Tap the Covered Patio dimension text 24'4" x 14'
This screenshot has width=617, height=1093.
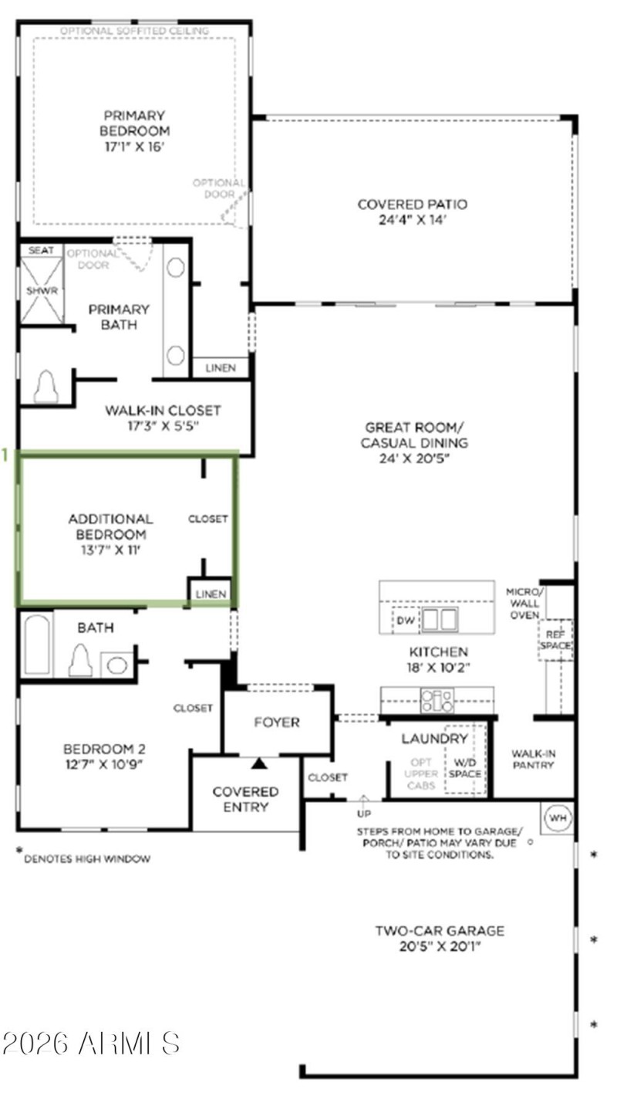(413, 220)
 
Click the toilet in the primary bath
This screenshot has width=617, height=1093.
(46, 386)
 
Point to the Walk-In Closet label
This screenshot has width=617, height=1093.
(163, 410)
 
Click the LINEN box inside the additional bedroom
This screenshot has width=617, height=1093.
(211, 594)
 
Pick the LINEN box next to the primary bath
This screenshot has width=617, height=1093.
(221, 368)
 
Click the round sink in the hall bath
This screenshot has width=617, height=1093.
(116, 665)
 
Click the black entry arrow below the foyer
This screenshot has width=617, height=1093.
(259, 763)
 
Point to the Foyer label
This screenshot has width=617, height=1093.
(277, 722)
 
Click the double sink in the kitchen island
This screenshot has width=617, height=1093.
(439, 619)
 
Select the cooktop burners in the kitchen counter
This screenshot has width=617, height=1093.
(437, 701)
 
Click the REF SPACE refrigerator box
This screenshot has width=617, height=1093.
(555, 640)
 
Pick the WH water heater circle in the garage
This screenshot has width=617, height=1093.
(558, 817)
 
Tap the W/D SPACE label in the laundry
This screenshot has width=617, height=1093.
(465, 768)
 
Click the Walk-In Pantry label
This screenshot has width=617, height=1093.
(534, 760)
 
